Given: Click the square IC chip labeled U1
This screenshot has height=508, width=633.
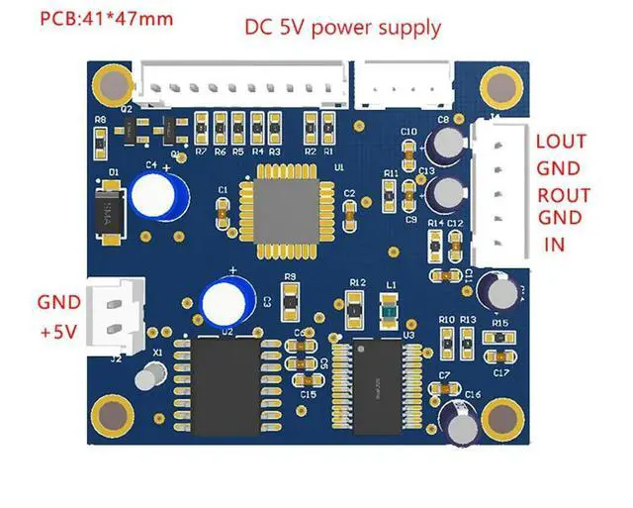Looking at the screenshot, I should (x=283, y=203).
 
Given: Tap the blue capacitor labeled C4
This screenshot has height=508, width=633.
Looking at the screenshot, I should (x=157, y=192).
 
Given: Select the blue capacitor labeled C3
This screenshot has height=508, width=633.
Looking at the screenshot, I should (x=221, y=299).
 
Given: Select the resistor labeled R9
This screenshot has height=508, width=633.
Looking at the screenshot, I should (x=290, y=297).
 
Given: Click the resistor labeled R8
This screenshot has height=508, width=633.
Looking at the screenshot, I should (x=100, y=141).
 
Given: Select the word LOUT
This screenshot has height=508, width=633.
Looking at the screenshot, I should (x=560, y=142).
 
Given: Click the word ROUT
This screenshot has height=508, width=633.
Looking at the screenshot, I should (x=563, y=194).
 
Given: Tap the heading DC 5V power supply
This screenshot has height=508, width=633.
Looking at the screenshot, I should (x=342, y=27).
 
